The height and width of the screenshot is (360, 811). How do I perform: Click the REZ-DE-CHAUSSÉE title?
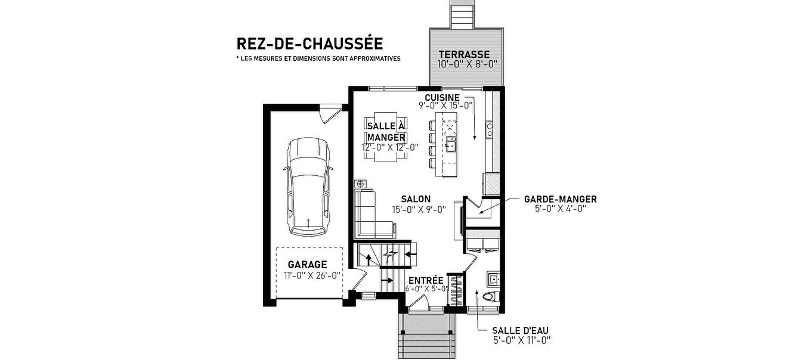coord(309,44)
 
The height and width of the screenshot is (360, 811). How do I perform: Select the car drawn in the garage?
coord(307,187)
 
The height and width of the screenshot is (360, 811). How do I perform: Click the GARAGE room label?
coord(307,265)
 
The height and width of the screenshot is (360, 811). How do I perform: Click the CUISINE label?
coord(442,97)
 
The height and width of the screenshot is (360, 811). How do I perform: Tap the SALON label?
coord(416,199)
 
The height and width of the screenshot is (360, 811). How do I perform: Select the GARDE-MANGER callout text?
coord(560,199)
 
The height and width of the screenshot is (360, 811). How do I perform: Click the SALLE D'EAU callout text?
coord(520,331)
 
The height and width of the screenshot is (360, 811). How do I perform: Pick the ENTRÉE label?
coord(426,280)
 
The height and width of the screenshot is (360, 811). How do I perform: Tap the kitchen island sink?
coord(450,144)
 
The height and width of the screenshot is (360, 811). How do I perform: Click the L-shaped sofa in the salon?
coord(371,215)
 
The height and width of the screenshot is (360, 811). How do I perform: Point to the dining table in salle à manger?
coord(386,136)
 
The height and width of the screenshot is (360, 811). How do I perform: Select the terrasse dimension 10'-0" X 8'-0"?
coord(468,64)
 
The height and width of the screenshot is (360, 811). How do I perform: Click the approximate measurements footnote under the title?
coord(318,59)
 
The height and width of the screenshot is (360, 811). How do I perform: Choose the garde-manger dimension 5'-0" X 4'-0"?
coord(560,209)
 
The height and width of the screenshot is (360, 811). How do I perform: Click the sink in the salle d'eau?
coord(493,278)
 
